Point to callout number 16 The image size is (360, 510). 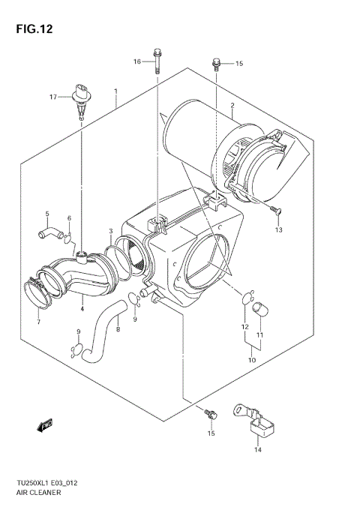138,61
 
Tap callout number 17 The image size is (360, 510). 53,97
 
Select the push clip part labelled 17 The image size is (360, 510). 79,99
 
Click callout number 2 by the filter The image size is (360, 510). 232,105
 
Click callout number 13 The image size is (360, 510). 279,229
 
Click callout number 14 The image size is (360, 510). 257,450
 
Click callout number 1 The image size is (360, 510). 116,91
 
